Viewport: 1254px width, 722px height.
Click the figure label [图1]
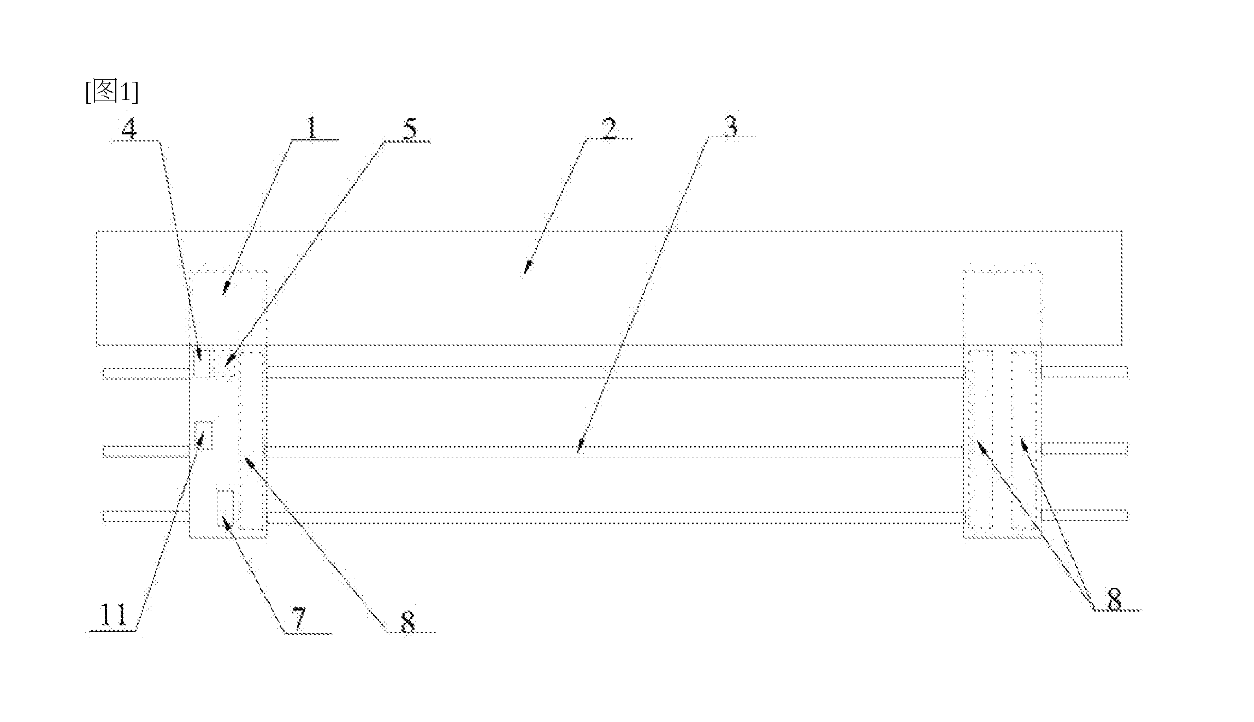point(111,92)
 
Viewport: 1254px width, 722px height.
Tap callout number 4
point(129,129)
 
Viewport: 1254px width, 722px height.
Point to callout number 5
point(409,129)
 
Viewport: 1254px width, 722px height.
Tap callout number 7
point(299,619)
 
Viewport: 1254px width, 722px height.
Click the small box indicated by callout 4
point(202,361)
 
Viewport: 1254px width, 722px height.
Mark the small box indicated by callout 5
point(224,361)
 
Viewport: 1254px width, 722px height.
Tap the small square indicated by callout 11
point(204,435)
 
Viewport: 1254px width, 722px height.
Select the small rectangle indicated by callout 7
point(226,508)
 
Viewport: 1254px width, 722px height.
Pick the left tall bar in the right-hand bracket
point(981,440)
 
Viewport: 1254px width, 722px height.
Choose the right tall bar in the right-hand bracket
point(1024,440)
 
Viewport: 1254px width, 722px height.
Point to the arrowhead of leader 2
point(527,268)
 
